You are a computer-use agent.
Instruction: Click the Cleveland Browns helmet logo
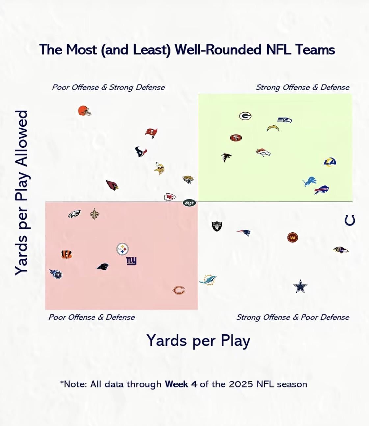pyautogui.click(x=84, y=111)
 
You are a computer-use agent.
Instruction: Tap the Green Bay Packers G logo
pyautogui.click(x=245, y=116)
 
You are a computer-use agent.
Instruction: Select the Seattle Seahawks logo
pyautogui.click(x=285, y=120)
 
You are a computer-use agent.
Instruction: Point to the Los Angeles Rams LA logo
pyautogui.click(x=329, y=162)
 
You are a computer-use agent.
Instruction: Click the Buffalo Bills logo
pyautogui.click(x=321, y=190)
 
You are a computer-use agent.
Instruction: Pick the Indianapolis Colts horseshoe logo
pyautogui.click(x=350, y=220)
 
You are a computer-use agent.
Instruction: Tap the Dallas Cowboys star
pyautogui.click(x=300, y=287)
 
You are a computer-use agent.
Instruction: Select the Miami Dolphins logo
pyautogui.click(x=208, y=280)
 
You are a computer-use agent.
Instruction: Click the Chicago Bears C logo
pyautogui.click(x=179, y=290)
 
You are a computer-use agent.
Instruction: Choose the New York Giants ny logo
pyautogui.click(x=131, y=261)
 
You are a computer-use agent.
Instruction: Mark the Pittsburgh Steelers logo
pyautogui.click(x=122, y=249)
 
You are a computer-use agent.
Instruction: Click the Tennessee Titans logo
pyautogui.click(x=56, y=273)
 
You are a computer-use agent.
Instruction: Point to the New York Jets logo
pyautogui.click(x=189, y=203)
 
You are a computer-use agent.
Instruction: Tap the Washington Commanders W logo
pyautogui.click(x=292, y=237)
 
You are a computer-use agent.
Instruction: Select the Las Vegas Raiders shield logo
pyautogui.click(x=217, y=226)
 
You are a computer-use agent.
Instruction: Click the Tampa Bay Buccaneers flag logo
pyautogui.click(x=151, y=133)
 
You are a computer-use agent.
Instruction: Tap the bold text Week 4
pyautogui.click(x=181, y=384)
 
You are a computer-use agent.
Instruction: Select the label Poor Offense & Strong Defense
pyautogui.click(x=108, y=87)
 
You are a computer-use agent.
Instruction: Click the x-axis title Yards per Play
pyautogui.click(x=198, y=340)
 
